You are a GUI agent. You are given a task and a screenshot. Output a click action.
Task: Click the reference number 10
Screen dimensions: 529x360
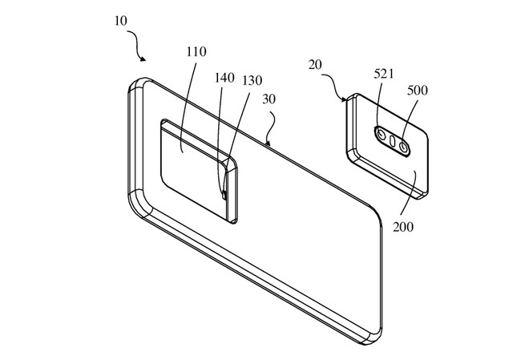121,21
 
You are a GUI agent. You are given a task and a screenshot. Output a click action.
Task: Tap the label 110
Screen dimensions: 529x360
196,51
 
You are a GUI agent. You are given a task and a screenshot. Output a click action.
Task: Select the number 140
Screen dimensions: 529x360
224,78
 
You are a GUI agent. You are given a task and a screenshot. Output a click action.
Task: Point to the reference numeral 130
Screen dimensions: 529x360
252,81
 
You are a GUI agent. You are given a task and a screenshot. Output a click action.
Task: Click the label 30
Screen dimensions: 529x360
269,99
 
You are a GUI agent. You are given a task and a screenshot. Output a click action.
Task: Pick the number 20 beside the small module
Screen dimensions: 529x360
315,64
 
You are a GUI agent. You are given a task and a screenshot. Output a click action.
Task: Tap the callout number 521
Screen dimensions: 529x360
384,74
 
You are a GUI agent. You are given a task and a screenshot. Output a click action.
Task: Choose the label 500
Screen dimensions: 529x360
418,90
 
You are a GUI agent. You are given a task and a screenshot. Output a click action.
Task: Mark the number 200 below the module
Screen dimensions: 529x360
403,227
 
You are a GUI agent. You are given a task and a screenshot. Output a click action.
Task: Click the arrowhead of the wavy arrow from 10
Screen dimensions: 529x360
143,59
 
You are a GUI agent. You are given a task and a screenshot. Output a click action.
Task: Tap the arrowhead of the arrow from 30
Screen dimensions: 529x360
268,143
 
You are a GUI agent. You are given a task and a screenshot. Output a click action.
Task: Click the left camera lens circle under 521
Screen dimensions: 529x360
382,135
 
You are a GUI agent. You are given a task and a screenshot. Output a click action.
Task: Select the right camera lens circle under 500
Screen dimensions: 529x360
403,147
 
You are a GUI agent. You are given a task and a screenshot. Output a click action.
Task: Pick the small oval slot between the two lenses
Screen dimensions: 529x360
393,140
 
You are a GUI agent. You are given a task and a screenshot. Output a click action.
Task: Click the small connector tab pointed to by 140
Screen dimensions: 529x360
223,194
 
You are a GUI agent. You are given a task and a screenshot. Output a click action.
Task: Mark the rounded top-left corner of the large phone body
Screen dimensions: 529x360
135,83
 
